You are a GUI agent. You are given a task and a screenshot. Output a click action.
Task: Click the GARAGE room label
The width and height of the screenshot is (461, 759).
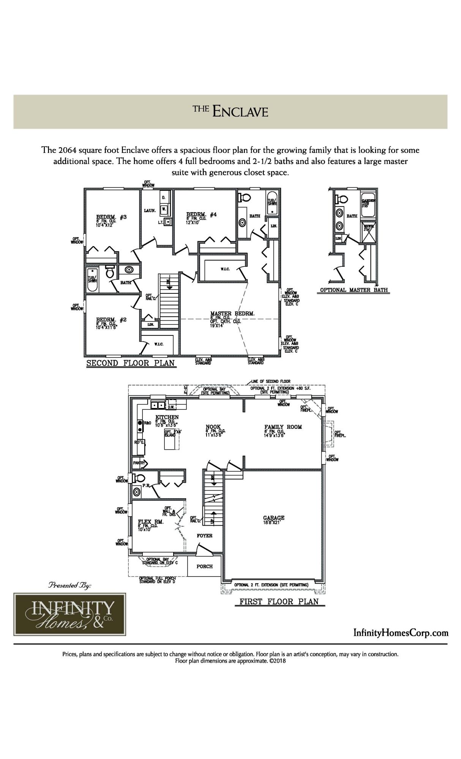(x=273, y=518)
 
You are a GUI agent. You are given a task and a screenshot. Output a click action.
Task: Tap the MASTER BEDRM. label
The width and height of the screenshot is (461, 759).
(x=232, y=313)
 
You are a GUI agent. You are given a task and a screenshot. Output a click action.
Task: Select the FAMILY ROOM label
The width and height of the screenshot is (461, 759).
(x=283, y=427)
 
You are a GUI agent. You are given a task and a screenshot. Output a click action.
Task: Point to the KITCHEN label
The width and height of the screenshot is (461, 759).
(x=167, y=417)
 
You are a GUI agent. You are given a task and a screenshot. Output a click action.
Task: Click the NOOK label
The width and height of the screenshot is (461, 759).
(x=213, y=427)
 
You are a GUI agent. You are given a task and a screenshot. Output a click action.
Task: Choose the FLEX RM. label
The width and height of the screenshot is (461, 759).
(x=150, y=521)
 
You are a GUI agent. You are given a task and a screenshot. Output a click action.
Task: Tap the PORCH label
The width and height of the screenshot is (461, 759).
(x=204, y=566)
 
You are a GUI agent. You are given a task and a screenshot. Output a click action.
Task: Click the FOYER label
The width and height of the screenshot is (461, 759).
(x=204, y=535)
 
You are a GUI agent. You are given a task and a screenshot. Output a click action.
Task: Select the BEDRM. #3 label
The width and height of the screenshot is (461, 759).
(x=111, y=217)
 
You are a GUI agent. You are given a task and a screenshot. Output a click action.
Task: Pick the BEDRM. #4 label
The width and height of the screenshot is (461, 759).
(x=201, y=214)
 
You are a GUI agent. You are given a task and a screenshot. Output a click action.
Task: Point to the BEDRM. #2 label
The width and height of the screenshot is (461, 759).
(x=111, y=320)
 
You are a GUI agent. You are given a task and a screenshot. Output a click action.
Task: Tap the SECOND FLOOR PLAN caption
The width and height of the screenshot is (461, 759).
(x=131, y=363)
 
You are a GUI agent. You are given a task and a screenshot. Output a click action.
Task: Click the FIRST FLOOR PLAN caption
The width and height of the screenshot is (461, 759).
(x=279, y=602)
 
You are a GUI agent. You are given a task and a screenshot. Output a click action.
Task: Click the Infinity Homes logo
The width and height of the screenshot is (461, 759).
(x=70, y=614)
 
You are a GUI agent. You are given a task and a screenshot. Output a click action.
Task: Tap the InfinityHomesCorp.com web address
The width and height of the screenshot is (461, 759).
(x=401, y=633)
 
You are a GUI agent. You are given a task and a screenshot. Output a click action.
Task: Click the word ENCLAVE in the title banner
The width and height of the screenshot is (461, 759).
(x=240, y=112)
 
